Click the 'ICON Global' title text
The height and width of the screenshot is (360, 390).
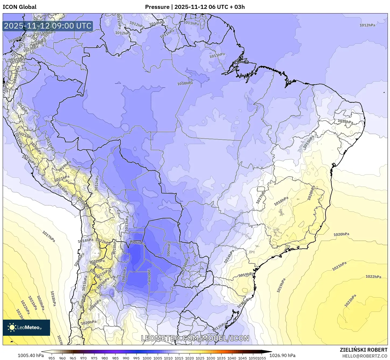19,7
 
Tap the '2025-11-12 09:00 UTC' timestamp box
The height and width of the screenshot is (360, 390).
48,26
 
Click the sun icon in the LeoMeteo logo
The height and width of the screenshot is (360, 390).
12,327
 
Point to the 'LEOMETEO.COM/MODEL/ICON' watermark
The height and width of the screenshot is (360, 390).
195,338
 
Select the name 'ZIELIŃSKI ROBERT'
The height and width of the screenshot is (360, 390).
363,350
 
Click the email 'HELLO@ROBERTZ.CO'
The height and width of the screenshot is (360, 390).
365,356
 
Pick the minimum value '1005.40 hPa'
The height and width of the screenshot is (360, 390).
31,355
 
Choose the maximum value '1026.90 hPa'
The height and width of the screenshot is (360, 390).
282,355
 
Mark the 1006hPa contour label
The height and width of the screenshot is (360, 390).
137,243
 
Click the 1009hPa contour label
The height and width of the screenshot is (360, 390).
169,249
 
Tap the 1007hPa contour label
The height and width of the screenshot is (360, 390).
149,277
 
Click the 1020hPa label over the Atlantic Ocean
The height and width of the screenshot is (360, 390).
341,234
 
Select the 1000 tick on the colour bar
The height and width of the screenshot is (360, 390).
147,358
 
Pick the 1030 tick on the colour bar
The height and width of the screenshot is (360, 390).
210,358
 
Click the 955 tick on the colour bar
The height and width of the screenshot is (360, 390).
52,358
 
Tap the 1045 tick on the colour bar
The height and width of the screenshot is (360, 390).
242,358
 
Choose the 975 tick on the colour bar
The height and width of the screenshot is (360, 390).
94,358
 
